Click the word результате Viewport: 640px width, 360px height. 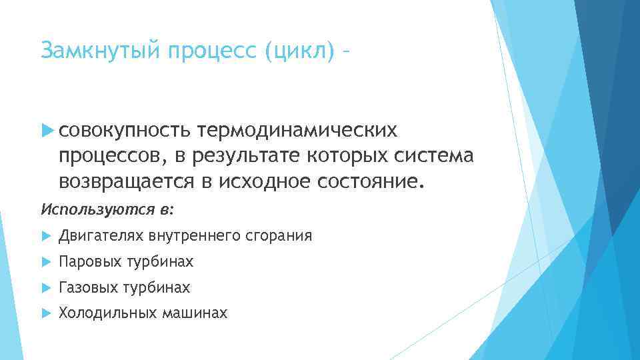(x=246, y=155)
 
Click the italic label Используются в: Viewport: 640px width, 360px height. (x=107, y=209)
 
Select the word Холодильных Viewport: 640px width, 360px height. (x=107, y=313)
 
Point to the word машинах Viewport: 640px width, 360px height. (x=195, y=313)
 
